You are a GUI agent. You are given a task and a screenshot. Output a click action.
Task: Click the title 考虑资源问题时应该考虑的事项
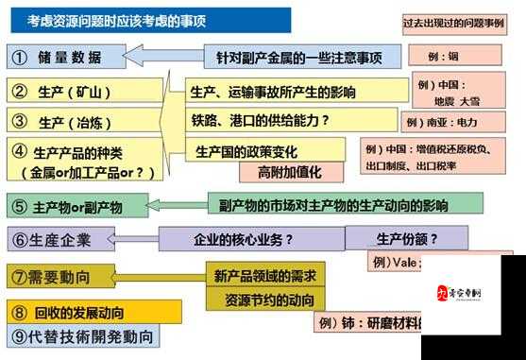point(114,20)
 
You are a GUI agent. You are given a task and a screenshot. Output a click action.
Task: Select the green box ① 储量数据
point(67,57)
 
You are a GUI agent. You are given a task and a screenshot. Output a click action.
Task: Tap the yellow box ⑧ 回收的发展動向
point(94,311)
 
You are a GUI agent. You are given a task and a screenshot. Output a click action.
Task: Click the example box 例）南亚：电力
point(451,122)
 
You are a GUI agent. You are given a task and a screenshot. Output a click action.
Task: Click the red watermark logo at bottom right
point(472,293)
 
